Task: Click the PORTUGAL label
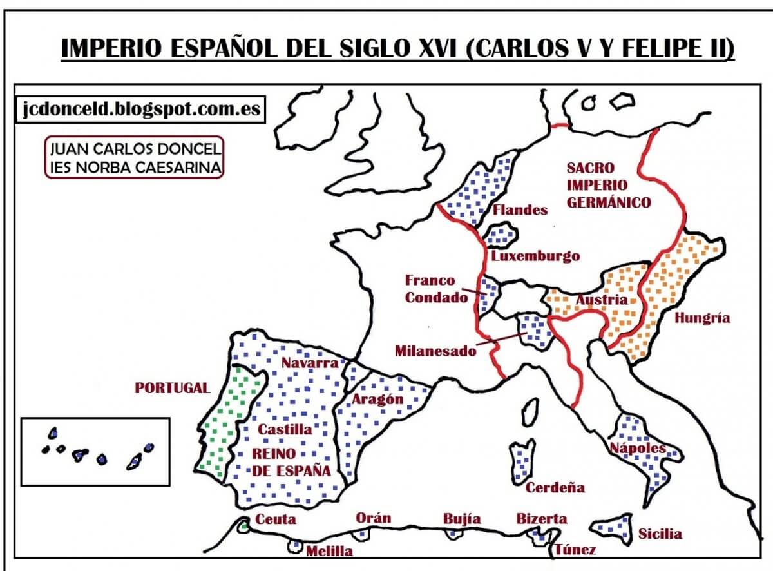point(172,388)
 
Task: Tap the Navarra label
point(309,363)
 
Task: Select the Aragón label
point(377,399)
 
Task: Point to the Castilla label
point(285,429)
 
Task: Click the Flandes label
point(520,209)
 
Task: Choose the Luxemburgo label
point(535,256)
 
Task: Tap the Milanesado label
point(436,351)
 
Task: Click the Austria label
point(601,300)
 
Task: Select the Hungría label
point(702,318)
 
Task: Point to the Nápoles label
point(638,447)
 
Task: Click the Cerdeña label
point(555,487)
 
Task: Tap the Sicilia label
point(660,534)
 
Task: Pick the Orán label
point(373,518)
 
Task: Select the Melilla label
point(329,551)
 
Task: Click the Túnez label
point(575,550)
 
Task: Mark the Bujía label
point(461,519)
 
